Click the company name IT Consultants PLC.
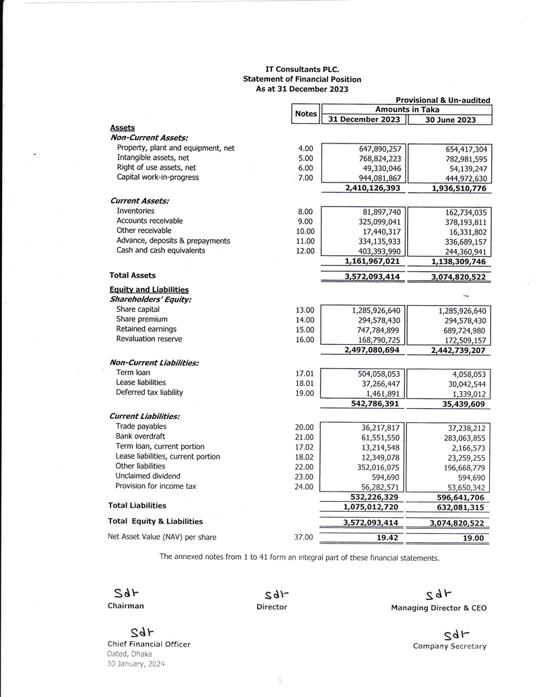click(x=302, y=69)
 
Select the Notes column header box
click(x=306, y=114)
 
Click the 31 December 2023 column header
click(x=364, y=120)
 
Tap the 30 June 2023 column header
click(x=450, y=120)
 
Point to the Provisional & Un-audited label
click(x=443, y=100)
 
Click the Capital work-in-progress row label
click(x=158, y=178)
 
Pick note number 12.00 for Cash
click(x=305, y=251)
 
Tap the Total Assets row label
click(x=133, y=275)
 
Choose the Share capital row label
click(x=138, y=310)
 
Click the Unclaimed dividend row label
click(x=148, y=476)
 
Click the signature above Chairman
click(x=126, y=593)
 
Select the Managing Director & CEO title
click(x=439, y=608)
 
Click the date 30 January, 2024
click(x=136, y=664)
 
